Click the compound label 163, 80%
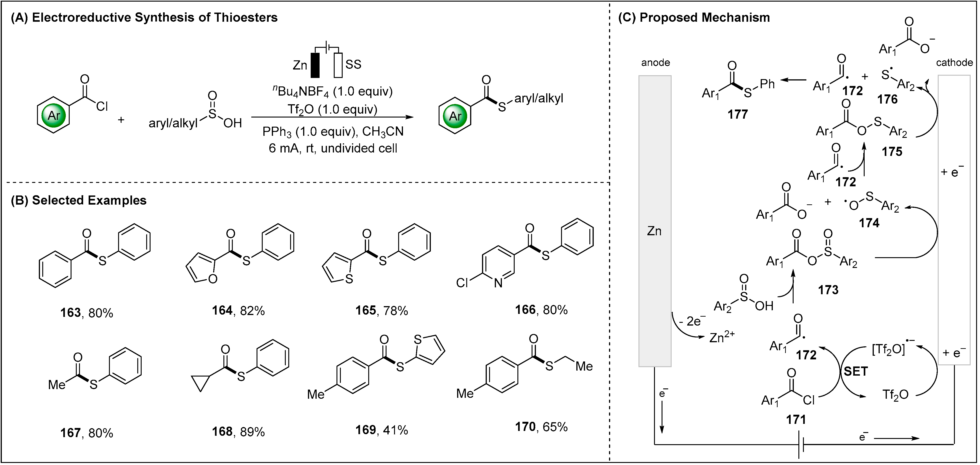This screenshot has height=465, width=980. point(87,313)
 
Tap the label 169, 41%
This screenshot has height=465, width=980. point(381,430)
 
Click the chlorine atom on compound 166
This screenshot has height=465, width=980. point(462,283)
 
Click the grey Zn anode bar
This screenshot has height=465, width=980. point(655,221)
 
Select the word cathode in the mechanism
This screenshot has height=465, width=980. point(954,62)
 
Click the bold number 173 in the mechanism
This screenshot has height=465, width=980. point(828,290)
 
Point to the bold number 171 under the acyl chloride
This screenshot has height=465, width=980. point(796,420)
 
